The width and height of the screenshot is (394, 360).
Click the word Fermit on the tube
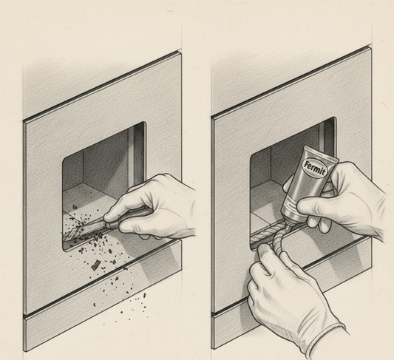315,169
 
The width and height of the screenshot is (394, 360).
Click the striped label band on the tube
293,204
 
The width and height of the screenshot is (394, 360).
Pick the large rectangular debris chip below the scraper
96,265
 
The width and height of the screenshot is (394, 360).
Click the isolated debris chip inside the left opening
75,207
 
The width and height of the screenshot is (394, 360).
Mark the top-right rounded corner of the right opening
333,120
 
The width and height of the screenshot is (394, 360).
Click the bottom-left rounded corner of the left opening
65,248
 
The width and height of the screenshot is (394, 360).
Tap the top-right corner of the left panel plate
180,52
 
